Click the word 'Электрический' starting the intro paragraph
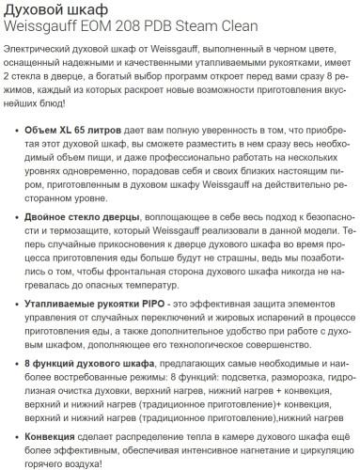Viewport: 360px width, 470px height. [x=37, y=47]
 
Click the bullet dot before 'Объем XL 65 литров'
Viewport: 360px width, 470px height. [x=12, y=126]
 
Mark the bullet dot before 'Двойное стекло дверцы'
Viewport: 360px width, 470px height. [x=12, y=217]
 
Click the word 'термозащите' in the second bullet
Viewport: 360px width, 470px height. [x=67, y=230]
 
